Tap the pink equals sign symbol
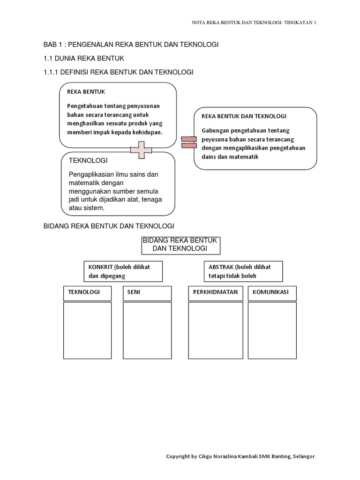coord(187,142)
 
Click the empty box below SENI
coord(147,330)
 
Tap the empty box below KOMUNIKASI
coord(272,330)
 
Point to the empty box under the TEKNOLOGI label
coord(87,330)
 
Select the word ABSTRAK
coord(221,267)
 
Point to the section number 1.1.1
coord(50,72)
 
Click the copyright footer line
coord(241,456)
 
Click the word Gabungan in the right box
coord(216,130)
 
